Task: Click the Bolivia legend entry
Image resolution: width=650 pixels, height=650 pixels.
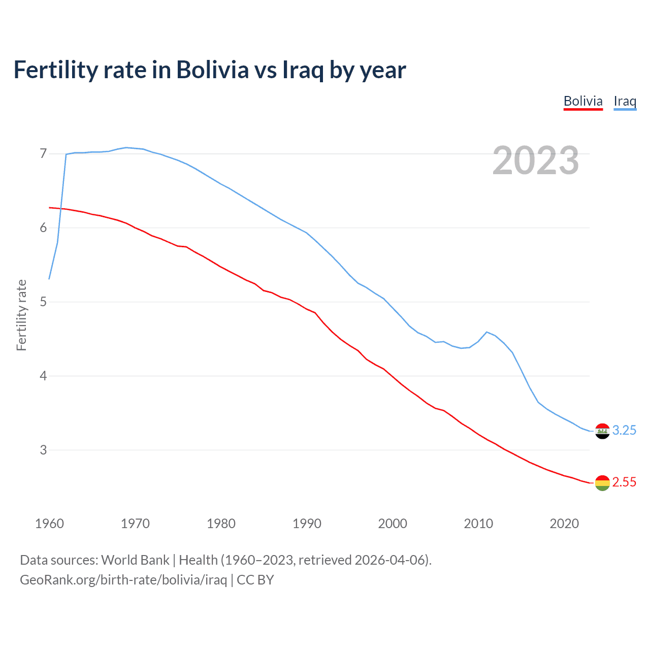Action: pos(583,101)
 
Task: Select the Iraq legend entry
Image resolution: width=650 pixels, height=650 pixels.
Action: pos(625,101)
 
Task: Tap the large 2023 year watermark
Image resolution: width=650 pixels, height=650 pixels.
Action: pos(536,160)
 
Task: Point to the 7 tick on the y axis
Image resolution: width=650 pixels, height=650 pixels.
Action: pos(43,153)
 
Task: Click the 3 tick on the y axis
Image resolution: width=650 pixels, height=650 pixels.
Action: pos(43,450)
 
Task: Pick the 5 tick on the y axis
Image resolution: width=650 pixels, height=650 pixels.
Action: pos(43,302)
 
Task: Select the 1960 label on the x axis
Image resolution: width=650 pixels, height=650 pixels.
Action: pos(49,524)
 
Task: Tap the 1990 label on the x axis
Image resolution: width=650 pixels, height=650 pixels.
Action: pos(307,524)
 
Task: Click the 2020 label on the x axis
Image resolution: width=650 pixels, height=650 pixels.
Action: pos(564,524)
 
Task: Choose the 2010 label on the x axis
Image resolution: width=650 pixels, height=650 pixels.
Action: pos(478,524)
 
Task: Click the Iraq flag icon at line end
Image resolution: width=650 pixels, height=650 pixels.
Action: pos(602,431)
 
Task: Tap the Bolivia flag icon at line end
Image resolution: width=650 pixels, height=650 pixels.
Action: pos(602,483)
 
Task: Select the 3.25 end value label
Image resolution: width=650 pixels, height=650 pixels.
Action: pos(624,430)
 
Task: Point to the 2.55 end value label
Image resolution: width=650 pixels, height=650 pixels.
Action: pos(624,482)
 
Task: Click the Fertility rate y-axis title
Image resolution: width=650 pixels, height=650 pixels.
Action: pos(21,315)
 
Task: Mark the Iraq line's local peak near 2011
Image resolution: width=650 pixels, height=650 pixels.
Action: pos(487,332)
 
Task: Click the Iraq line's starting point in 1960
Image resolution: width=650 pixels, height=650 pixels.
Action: pos(49,279)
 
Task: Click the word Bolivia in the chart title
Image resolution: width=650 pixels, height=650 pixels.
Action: pos(212,70)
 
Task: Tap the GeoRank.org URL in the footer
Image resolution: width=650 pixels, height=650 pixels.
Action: pos(123,579)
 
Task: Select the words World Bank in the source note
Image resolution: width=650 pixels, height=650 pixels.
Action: pos(135,560)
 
